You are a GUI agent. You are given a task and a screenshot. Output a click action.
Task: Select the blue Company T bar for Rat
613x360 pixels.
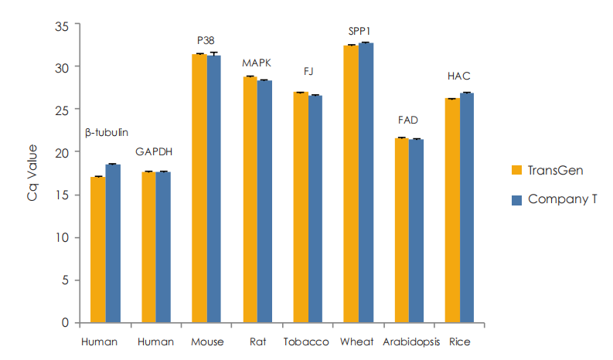[x=264, y=201]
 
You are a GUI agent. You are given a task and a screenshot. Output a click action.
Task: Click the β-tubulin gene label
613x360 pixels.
[x=106, y=131]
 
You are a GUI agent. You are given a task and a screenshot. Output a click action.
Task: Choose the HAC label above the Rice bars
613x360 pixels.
[x=459, y=76]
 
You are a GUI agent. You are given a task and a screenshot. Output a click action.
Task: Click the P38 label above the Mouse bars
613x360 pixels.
[x=206, y=39]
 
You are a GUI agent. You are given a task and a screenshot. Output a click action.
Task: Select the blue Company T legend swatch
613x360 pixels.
[x=518, y=199]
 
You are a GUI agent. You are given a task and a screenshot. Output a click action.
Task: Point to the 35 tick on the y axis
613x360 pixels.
[x=62, y=25]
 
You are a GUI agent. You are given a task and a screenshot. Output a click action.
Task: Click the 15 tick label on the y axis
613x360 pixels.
[x=62, y=195]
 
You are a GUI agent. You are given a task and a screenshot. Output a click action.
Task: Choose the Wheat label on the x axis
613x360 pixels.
[x=357, y=341]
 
